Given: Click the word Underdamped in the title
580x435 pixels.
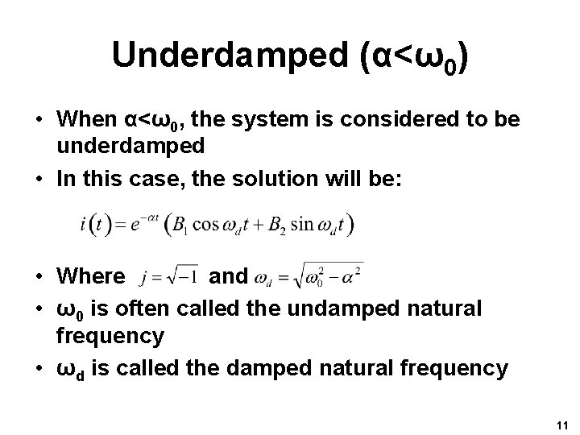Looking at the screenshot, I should click(x=208, y=55).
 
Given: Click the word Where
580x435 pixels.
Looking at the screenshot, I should click(x=91, y=276).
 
